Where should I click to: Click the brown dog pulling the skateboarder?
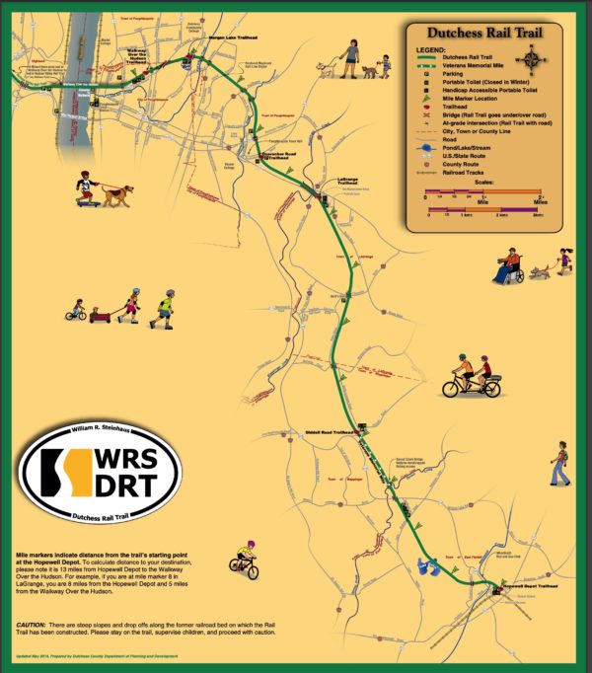click(x=117, y=194)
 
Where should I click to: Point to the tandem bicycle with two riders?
click(x=471, y=376)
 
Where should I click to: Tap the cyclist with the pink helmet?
click(x=245, y=559)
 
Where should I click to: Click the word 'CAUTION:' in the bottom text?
click(x=36, y=626)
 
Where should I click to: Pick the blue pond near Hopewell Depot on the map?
click(x=429, y=567)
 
